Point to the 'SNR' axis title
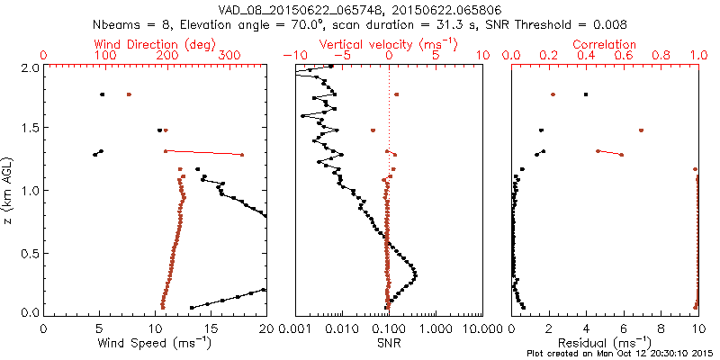[389, 343]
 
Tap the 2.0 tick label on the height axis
[29, 68]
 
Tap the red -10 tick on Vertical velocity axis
[290, 56]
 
